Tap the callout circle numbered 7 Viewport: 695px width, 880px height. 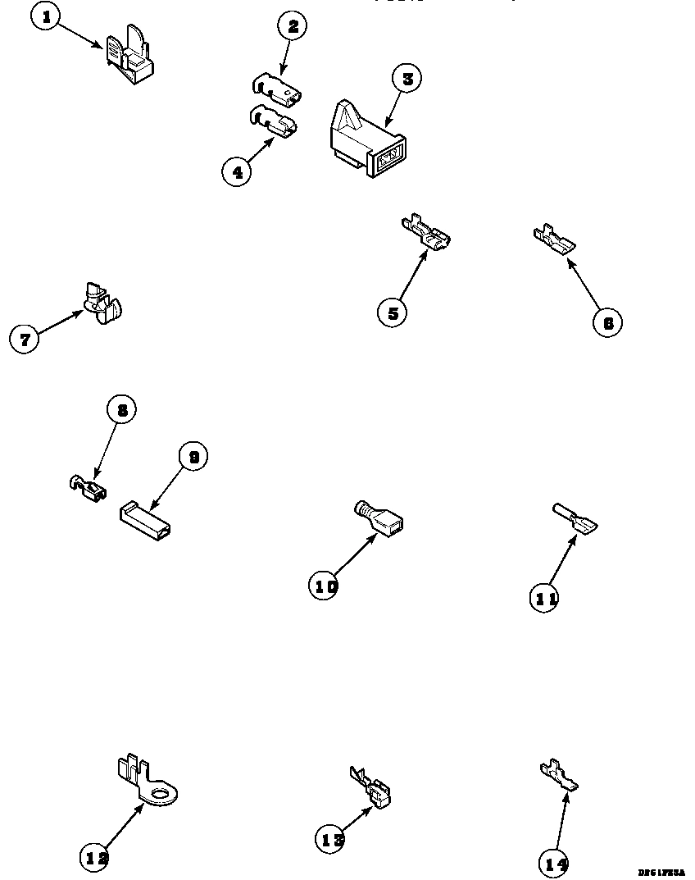(25, 339)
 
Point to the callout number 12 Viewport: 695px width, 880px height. (96, 857)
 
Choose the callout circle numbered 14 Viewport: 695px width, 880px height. (555, 863)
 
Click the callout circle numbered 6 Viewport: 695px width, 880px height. (607, 322)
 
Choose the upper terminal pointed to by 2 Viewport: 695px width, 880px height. (276, 89)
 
